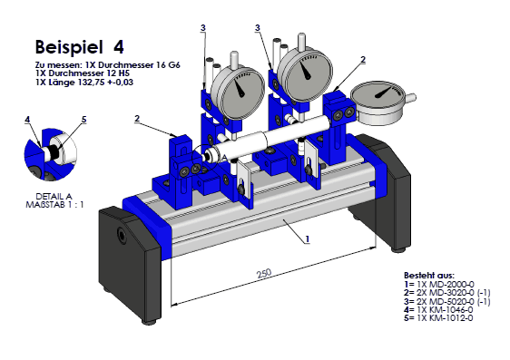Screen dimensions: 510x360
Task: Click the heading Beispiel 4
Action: click(x=80, y=47)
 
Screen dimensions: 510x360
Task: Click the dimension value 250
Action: click(x=264, y=273)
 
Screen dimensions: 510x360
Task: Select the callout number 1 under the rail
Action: click(x=308, y=239)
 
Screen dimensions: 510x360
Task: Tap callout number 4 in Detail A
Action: click(x=27, y=120)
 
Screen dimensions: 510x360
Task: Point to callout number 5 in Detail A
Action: click(x=83, y=120)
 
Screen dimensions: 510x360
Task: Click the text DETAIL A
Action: click(x=54, y=197)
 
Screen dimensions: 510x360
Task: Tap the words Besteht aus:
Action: click(x=429, y=276)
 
